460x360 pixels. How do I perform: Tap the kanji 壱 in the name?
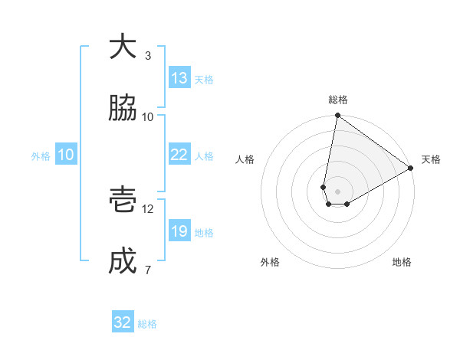(123, 199)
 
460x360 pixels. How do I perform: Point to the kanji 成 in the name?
(123, 261)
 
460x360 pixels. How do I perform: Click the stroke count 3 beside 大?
(148, 56)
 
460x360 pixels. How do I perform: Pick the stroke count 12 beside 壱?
(148, 208)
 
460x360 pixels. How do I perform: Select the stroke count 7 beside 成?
(148, 270)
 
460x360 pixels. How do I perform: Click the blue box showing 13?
(179, 78)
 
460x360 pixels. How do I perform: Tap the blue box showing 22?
(179, 155)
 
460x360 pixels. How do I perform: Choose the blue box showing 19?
(179, 231)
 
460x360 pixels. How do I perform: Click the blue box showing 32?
(123, 322)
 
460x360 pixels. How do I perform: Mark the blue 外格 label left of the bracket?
(41, 155)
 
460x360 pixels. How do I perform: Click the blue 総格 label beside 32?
(147, 324)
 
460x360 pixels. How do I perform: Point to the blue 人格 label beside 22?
(204, 156)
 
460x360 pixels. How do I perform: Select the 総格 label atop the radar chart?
(338, 100)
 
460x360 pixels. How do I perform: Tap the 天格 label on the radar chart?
(431, 159)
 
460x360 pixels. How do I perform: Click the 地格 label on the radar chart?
(402, 262)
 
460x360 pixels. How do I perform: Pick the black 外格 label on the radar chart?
(270, 262)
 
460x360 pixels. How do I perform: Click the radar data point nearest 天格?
(411, 169)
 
